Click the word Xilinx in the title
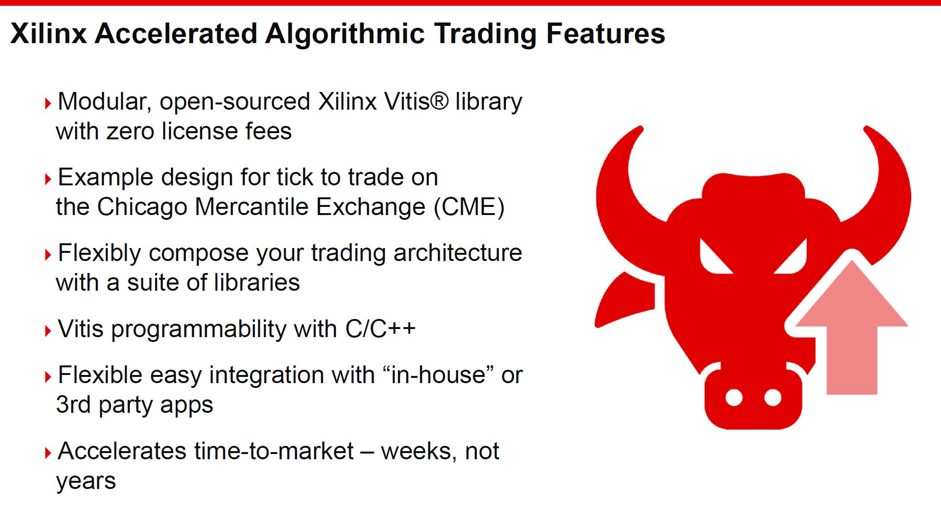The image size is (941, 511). pyautogui.click(x=48, y=34)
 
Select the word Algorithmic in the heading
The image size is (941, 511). pyautogui.click(x=345, y=34)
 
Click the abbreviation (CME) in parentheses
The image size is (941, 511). pyautogui.click(x=470, y=207)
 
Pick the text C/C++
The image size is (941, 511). pyautogui.click(x=380, y=329)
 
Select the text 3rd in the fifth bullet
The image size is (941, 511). pyautogui.click(x=73, y=405)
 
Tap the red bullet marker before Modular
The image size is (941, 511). pyautogui.click(x=47, y=103)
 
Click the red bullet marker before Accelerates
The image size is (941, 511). pyautogui.click(x=47, y=453)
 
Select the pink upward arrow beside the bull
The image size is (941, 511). pyautogui.click(x=852, y=330)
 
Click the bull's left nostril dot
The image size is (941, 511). pyautogui.click(x=734, y=397)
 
